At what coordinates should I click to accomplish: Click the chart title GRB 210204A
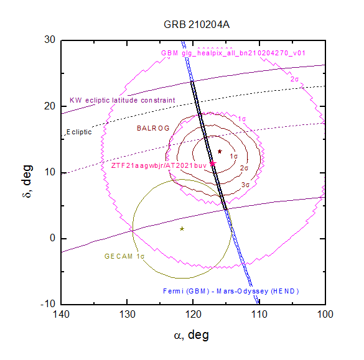pyautogui.click(x=197, y=25)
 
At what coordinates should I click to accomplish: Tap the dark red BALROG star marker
pyautogui.click(x=220, y=152)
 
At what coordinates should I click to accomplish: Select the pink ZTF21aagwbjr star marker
pyautogui.click(x=212, y=164)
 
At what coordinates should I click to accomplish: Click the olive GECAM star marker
pyautogui.click(x=182, y=229)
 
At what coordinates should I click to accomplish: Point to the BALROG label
pyautogui.click(x=153, y=128)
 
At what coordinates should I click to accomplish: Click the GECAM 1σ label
pyautogui.click(x=124, y=256)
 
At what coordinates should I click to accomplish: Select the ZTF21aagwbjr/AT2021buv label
pyautogui.click(x=159, y=165)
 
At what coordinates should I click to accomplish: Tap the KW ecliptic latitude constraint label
pyautogui.click(x=123, y=100)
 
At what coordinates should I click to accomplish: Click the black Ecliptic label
pyautogui.click(x=79, y=132)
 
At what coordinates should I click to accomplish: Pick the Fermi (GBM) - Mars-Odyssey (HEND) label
pyautogui.click(x=231, y=291)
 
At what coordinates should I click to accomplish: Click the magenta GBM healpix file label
pyautogui.click(x=233, y=53)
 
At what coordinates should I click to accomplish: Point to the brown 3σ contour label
pyautogui.click(x=245, y=185)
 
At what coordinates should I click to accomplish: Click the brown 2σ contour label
pyautogui.click(x=244, y=168)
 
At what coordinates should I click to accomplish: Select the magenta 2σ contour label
pyautogui.click(x=294, y=79)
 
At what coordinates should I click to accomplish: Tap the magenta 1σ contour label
pyautogui.click(x=241, y=119)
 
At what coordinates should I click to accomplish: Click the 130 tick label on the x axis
pyautogui.click(x=127, y=315)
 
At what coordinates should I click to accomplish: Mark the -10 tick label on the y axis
pyautogui.click(x=48, y=303)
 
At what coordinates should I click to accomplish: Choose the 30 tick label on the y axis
pyautogui.click(x=50, y=40)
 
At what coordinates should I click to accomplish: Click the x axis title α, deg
pyautogui.click(x=192, y=335)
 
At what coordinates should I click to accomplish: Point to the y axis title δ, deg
pyautogui.click(x=27, y=181)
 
